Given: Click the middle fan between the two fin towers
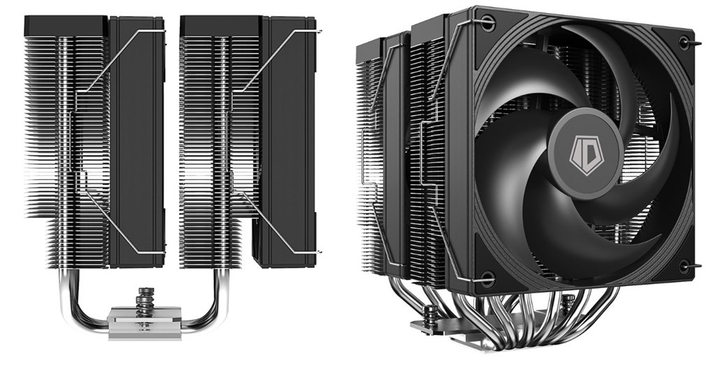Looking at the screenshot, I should (136, 140).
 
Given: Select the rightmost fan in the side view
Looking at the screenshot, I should (287, 140).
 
